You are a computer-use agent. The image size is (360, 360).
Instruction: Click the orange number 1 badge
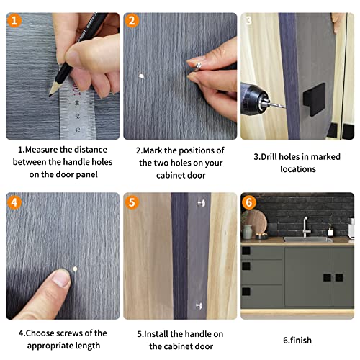(15, 21)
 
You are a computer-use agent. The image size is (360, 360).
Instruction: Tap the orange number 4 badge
(15, 203)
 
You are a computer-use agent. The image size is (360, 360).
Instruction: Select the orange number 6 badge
(249, 203)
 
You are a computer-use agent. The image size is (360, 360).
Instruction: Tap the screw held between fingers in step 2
(197, 66)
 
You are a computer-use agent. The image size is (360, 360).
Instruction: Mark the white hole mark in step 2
(142, 76)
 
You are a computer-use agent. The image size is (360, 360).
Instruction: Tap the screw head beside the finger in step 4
(74, 268)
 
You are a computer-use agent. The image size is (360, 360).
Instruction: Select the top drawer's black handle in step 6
(247, 251)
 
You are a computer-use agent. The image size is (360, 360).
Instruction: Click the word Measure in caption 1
(44, 150)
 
